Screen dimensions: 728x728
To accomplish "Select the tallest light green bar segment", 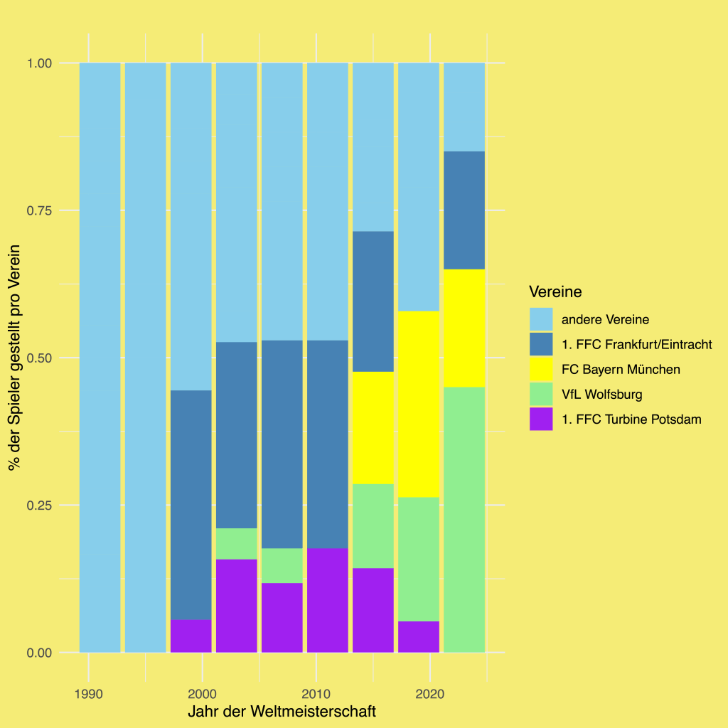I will click(464, 519).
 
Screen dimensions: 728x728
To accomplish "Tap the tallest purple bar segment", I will click(327, 599).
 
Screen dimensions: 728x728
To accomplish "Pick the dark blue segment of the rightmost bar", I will click(464, 210).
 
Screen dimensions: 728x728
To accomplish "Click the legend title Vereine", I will click(555, 291).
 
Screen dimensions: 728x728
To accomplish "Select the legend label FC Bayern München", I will click(621, 370).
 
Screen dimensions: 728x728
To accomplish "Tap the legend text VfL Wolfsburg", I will click(602, 395).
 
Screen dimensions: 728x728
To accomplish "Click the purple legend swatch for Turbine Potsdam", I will click(541, 419).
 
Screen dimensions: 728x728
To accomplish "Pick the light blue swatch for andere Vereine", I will click(541, 319).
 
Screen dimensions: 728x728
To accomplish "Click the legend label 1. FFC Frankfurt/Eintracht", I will click(637, 345).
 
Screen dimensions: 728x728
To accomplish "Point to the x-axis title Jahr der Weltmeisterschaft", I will click(282, 712).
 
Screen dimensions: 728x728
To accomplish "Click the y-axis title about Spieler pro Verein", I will click(14, 358).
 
